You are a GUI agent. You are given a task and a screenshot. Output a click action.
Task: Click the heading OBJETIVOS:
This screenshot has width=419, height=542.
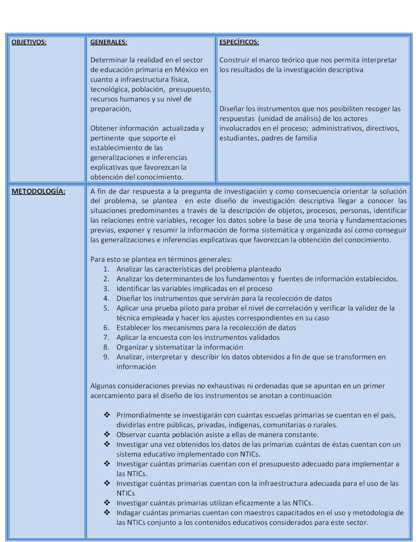29,42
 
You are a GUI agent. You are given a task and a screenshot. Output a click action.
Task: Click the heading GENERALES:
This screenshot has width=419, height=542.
109,42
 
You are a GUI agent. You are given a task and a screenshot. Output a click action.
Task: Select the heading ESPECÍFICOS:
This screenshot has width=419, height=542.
239,42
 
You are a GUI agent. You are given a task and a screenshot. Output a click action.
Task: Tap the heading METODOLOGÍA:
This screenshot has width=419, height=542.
38,191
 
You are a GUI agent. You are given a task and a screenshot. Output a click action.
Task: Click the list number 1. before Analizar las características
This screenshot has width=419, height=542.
106,269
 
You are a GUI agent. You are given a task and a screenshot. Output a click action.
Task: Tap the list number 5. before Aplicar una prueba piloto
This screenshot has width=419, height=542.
106,308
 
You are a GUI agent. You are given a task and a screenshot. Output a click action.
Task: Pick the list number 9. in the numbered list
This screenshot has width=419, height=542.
106,357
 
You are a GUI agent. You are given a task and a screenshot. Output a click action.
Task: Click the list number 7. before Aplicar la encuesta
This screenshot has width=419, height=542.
106,337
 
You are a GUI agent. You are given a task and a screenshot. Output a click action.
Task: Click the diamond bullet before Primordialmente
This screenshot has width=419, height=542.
107,415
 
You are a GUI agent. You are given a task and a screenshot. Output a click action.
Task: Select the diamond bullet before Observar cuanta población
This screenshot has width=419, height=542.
107,434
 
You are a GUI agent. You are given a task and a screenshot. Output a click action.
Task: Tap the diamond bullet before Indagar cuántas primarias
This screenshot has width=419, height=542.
107,512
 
